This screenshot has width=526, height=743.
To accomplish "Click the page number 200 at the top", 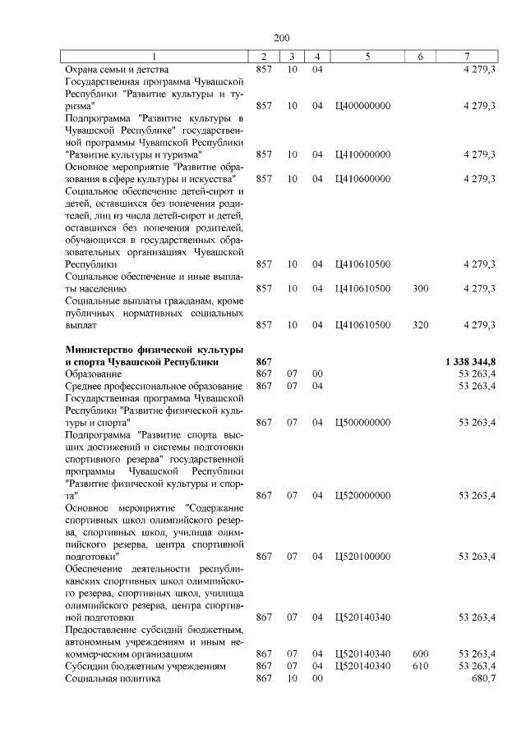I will [282, 38].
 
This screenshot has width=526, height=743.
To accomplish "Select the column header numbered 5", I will [367, 57].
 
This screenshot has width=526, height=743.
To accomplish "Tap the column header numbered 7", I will [467, 57].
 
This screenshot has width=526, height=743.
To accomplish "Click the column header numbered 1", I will [155, 57].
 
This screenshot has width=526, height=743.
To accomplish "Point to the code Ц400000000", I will [362, 106].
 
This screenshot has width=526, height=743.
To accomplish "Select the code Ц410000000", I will [362, 154].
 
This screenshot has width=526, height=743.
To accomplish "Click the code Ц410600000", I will [362, 178].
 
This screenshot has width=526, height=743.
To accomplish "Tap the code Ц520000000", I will [362, 496].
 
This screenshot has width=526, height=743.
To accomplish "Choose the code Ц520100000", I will [362, 557].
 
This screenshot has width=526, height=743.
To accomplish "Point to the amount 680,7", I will [482, 678].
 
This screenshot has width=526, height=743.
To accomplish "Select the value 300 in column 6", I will [420, 289].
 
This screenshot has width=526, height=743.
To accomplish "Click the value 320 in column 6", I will [420, 325].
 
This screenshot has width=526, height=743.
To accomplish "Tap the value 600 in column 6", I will [420, 654].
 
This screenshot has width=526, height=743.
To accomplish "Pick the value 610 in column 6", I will [420, 666].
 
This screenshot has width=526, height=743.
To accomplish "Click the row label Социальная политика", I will [113, 678].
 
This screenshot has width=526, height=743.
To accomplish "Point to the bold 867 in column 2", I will [264, 362].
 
